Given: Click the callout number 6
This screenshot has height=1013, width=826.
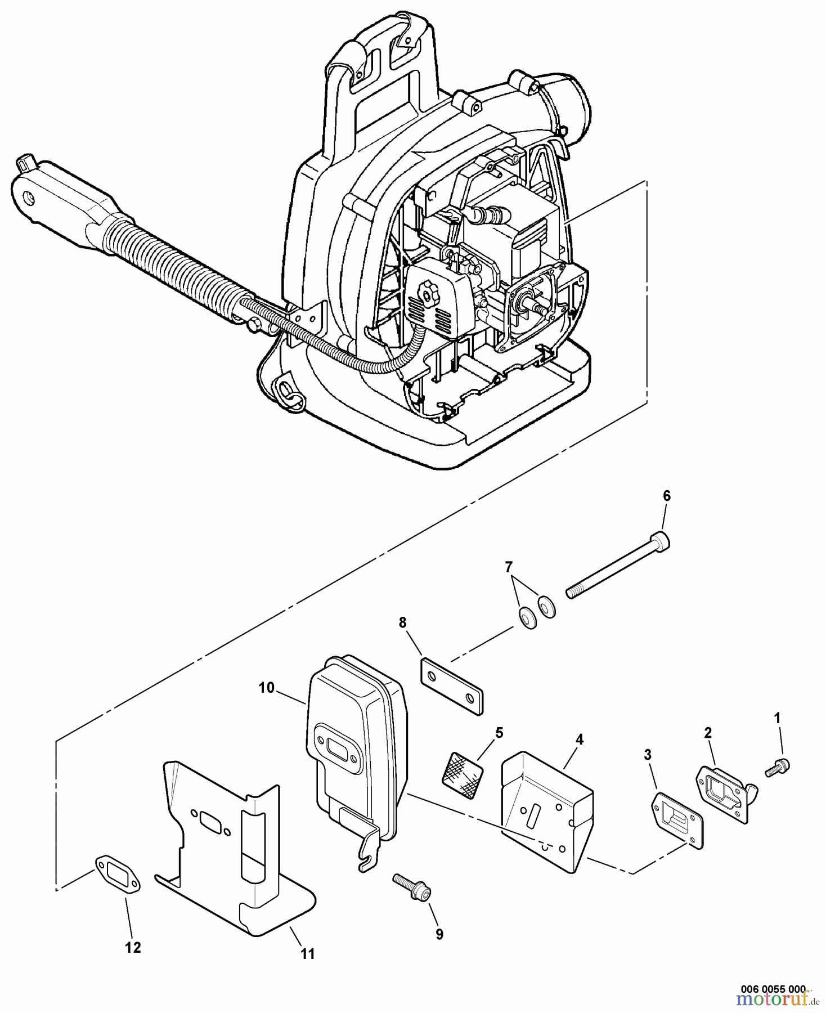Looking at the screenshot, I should [666, 496].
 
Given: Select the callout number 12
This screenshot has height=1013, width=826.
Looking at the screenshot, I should [133, 947].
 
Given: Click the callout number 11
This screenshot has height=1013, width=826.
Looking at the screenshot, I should [307, 954].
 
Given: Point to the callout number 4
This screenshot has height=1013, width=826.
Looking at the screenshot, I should [579, 739].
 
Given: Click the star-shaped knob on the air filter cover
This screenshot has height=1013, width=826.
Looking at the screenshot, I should [429, 292].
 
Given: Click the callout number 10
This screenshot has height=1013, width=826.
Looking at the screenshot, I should [266, 688].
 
